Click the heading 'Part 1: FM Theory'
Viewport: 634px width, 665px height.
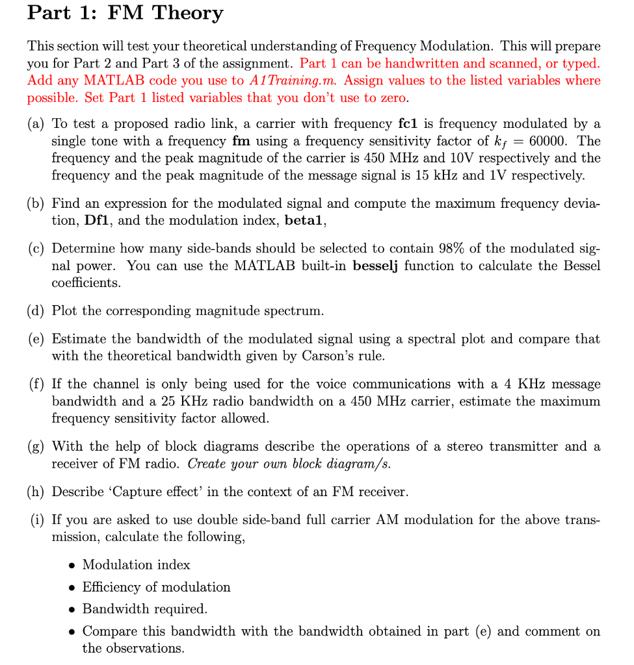[125, 13]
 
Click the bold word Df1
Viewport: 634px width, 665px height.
[98, 220]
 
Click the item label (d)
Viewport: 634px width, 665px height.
[36, 310]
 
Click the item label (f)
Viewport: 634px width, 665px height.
[36, 384]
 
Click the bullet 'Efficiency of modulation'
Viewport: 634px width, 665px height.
[156, 587]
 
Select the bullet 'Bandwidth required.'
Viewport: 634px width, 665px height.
[144, 609]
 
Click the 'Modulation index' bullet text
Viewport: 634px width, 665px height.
[136, 565]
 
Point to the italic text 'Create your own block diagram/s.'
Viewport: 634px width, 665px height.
[289, 464]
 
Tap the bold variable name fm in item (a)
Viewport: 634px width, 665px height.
[241, 140]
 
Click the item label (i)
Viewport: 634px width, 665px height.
[36, 520]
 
